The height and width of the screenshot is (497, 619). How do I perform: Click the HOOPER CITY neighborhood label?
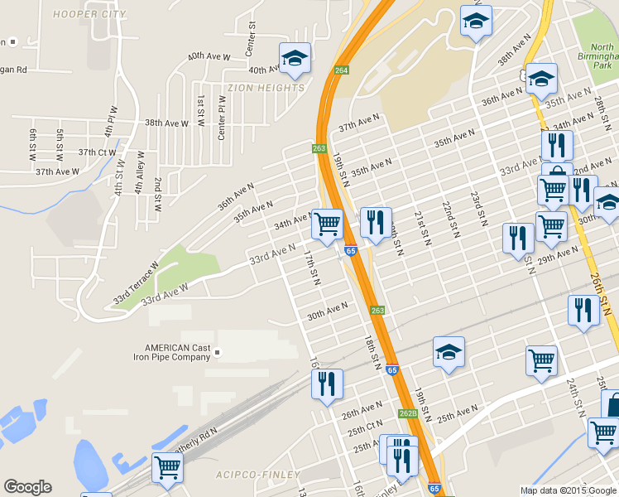coord(89,14)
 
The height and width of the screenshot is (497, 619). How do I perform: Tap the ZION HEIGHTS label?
coord(265,87)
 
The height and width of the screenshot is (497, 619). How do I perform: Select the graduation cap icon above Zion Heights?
coord(295,58)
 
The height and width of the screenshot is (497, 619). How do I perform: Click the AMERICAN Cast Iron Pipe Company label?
coord(178,353)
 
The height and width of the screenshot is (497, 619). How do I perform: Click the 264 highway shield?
coord(341,70)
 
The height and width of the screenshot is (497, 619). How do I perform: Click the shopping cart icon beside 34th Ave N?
coord(328,223)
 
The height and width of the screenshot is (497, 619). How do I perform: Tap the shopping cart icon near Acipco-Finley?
coord(167,466)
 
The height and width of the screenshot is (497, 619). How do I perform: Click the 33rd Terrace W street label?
coord(136,283)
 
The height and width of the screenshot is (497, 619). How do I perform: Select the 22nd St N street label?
coord(448,218)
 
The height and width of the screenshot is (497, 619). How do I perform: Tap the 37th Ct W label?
coord(97,152)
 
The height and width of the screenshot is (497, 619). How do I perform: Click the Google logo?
coord(27,487)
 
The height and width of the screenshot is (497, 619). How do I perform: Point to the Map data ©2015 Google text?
coord(569,490)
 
